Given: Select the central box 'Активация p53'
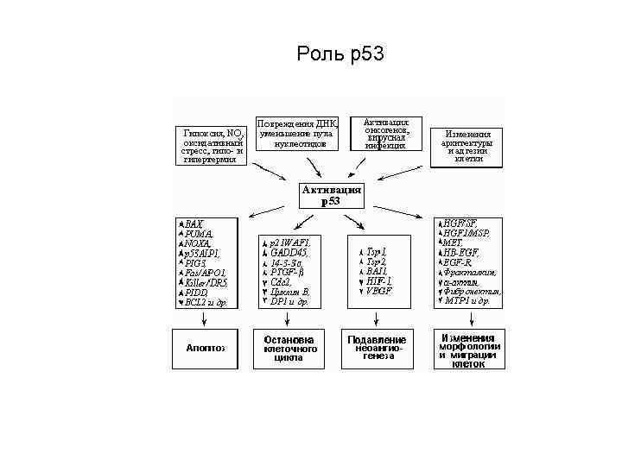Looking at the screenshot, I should tap(331, 195).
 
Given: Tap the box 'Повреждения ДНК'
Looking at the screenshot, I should tap(299, 132).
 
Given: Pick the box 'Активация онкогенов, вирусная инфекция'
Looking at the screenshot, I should tap(385, 134).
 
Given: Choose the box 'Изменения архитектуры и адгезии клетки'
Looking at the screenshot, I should tap(468, 147).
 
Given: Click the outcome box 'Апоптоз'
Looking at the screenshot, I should tap(205, 348).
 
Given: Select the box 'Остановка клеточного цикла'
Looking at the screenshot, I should tap(288, 348).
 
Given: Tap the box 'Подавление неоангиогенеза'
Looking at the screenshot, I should tap(378, 348).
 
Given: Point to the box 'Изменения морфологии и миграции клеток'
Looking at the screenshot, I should tap(468, 350).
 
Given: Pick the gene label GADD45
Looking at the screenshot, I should tap(289, 252).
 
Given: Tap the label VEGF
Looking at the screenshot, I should tap(379, 291).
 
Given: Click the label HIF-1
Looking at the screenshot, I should tap(378, 280).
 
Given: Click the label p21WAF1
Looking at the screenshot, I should tap(290, 242).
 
